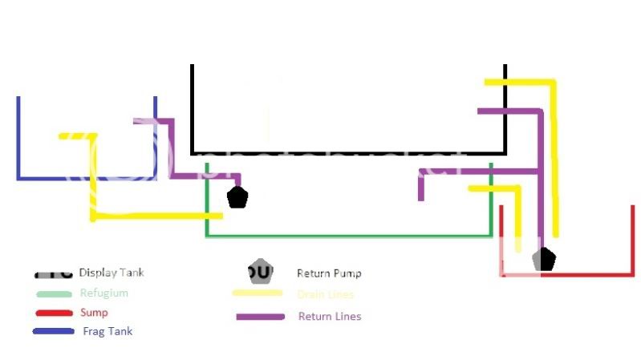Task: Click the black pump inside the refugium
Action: point(237,197)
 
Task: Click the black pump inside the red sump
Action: point(545,259)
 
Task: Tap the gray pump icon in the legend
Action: point(258,272)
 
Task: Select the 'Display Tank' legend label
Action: point(112,273)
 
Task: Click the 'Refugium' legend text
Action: point(103,293)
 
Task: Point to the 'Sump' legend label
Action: point(94,313)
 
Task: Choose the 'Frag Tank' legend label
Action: point(107,331)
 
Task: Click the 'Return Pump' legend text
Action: point(329,273)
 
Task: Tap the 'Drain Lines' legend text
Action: point(326,295)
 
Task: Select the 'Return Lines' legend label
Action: point(329,316)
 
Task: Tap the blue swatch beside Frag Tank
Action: point(53,331)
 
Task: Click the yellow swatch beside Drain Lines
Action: point(257,294)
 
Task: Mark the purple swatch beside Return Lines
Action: point(260,317)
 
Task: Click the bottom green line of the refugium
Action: point(349,236)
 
